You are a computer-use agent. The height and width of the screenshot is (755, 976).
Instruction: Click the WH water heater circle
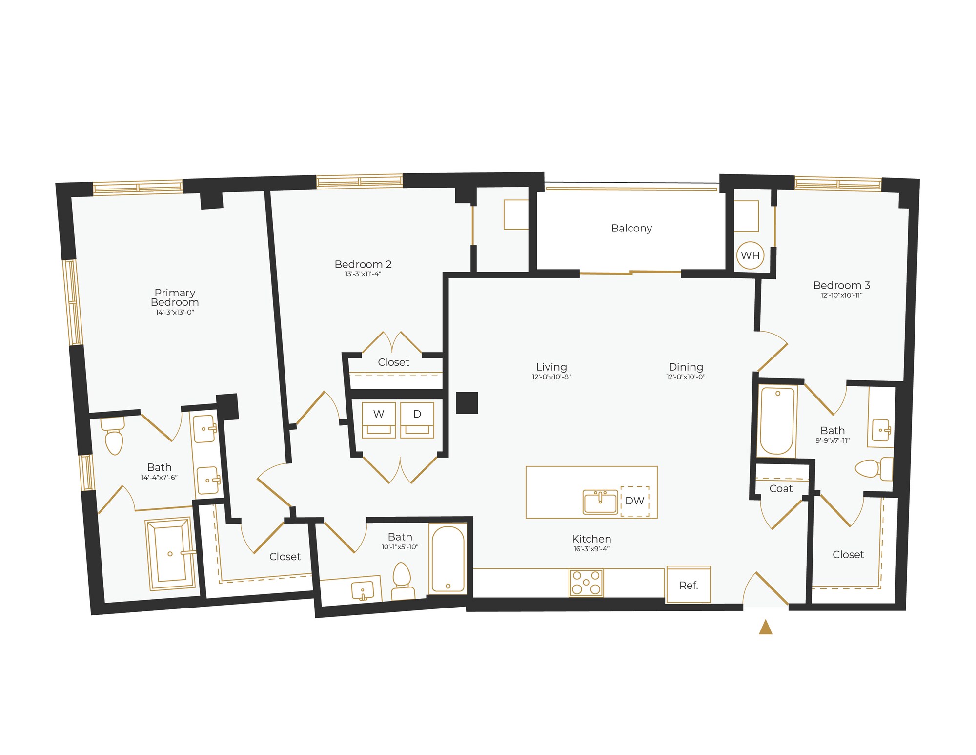point(750,255)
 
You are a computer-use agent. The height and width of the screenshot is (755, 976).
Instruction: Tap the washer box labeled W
point(379,419)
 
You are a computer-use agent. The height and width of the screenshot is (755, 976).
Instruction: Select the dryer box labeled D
point(417,419)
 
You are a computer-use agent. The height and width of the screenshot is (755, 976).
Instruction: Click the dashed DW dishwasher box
point(634,501)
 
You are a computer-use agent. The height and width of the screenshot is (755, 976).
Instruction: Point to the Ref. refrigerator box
point(689,585)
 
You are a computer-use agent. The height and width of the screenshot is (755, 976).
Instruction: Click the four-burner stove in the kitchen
point(586,583)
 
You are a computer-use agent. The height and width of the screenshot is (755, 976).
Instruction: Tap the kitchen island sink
point(601,502)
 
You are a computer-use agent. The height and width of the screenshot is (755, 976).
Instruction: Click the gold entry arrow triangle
point(765,627)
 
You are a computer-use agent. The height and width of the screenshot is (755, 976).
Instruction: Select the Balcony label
point(631,228)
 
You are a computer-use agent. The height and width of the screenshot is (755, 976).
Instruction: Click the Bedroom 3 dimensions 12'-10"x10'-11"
point(841,295)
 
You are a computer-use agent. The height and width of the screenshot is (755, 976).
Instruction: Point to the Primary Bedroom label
point(175,297)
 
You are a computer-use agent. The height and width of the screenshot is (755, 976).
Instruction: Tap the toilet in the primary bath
point(114,438)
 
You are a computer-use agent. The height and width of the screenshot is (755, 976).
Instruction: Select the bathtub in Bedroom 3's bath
point(777,421)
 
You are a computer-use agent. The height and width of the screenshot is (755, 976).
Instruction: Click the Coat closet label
point(781,489)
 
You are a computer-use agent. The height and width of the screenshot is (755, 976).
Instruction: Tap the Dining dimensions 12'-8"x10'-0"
point(686,377)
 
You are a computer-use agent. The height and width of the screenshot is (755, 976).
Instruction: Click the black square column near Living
point(467,403)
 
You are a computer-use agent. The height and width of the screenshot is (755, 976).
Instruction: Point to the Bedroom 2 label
point(363,264)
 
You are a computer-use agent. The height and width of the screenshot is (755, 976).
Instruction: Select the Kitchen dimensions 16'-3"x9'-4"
point(591,549)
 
